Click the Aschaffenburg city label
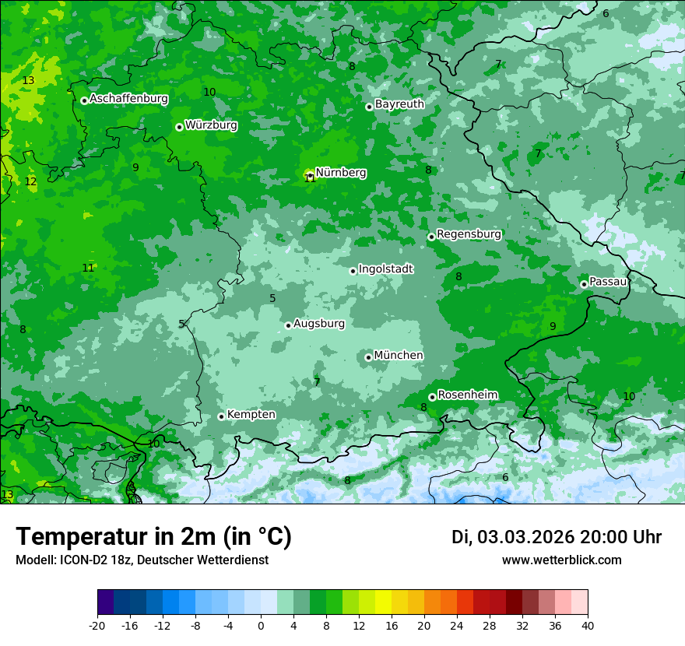(x=128, y=99)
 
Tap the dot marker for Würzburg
(x=179, y=127)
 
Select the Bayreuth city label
(x=399, y=104)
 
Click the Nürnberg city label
(x=340, y=173)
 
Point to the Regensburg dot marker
(x=431, y=237)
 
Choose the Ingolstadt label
(x=385, y=269)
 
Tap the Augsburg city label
(x=318, y=323)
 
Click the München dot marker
(x=368, y=357)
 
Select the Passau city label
(x=608, y=281)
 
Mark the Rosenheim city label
(x=467, y=395)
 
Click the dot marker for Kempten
(x=221, y=416)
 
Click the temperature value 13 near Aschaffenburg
(x=29, y=80)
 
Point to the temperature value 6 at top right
(x=606, y=13)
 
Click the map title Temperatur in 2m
(x=153, y=537)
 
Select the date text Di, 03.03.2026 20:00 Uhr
(x=556, y=537)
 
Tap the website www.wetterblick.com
(x=561, y=560)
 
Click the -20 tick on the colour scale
(x=97, y=625)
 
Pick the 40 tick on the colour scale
(x=587, y=625)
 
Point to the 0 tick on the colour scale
(x=261, y=625)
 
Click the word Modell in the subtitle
(x=33, y=560)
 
